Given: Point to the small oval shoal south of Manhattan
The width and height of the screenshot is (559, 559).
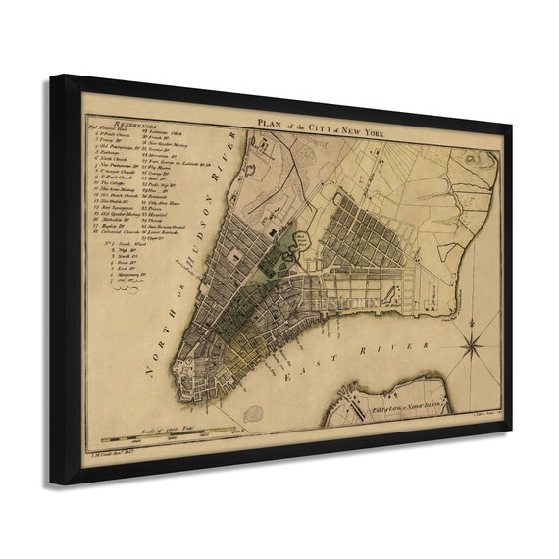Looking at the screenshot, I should (253, 414).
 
